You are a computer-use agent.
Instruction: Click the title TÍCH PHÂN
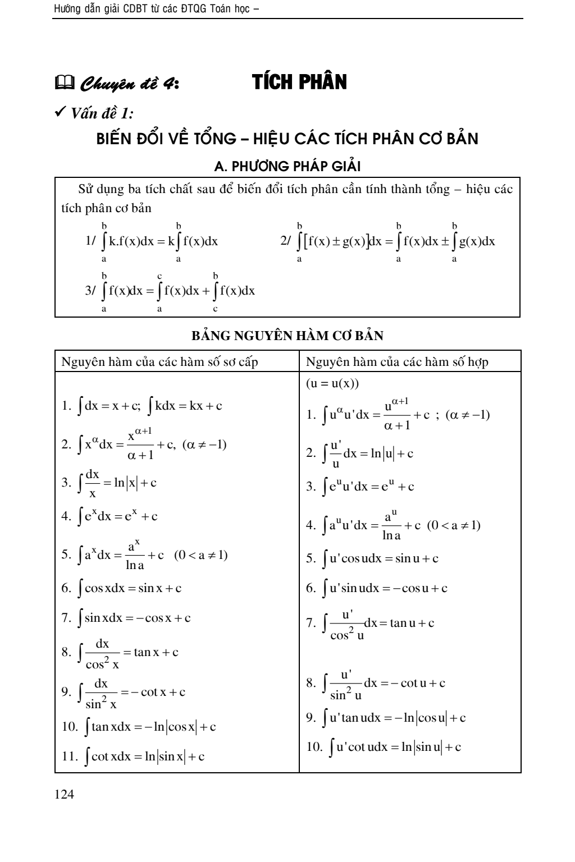tap(299, 82)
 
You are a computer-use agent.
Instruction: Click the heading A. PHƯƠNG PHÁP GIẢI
tap(287, 166)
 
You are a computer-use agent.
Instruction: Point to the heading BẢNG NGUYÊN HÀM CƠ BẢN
tap(287, 336)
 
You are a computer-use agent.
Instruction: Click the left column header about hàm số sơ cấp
tap(159, 361)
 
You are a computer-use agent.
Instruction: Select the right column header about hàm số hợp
tap(397, 361)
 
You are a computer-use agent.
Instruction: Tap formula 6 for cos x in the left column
tap(122, 588)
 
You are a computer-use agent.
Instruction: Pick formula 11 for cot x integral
tap(133, 756)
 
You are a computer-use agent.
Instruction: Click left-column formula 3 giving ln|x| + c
tap(109, 483)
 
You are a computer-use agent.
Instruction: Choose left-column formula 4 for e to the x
tap(110, 516)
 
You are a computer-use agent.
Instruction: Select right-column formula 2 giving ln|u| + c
tap(360, 454)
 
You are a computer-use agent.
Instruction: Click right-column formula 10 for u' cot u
tap(384, 747)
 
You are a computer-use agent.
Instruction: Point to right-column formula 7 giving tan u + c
tap(371, 623)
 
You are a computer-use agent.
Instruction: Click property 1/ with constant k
tap(152, 242)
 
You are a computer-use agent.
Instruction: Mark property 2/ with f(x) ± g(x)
tap(387, 242)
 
